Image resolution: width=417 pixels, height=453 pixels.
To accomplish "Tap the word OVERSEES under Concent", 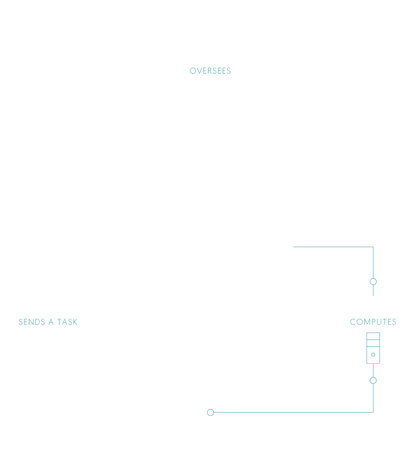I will point(210,71).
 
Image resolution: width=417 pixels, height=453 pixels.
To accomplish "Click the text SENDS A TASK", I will point(48,322).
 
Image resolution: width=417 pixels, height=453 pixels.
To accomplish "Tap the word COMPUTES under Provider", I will point(373,322).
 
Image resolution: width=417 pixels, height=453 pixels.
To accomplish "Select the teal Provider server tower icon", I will point(373,348).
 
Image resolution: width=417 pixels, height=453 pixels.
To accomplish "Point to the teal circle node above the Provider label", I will point(373,282).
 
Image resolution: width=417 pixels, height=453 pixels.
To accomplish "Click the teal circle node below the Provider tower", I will point(373,381).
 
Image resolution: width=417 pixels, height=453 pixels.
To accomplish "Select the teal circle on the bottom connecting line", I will point(211,413).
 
